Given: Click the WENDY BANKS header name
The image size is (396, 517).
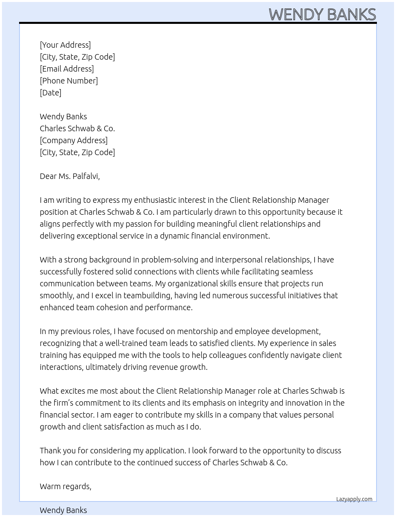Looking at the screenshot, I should click(x=322, y=14).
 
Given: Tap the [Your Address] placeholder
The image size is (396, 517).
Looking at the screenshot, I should click(x=65, y=45).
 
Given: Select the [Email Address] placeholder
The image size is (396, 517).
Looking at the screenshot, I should click(x=67, y=69).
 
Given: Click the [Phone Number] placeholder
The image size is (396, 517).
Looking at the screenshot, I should click(x=69, y=81).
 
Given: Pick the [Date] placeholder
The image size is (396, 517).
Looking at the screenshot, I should click(x=50, y=93).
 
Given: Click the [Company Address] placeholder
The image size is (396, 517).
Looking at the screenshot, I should click(x=74, y=140).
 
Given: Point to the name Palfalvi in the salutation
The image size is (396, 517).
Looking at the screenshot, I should click(x=85, y=176).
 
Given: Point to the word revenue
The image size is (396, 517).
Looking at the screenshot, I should click(x=164, y=367).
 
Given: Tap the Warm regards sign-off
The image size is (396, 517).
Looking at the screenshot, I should click(x=65, y=486).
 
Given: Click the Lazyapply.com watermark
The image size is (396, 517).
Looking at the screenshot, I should click(x=354, y=499).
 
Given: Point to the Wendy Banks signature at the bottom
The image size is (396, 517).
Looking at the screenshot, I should click(x=63, y=510).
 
